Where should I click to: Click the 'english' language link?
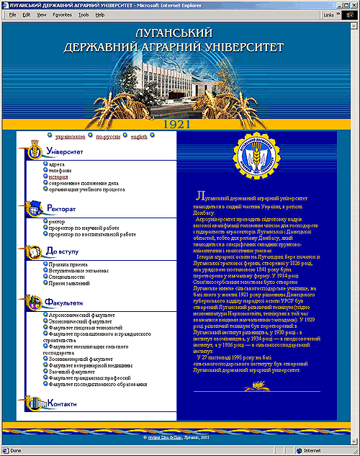click(x=139, y=136)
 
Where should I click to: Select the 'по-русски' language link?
click(x=109, y=136)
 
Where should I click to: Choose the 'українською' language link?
click(x=71, y=136)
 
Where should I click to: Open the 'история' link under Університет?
click(x=58, y=176)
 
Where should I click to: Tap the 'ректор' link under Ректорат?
click(x=57, y=222)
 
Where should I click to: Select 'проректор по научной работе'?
click(x=86, y=228)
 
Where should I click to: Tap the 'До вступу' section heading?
click(x=65, y=251)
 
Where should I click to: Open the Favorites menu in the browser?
click(x=62, y=14)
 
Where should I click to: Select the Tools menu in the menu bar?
click(x=84, y=14)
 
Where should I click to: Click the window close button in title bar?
click(x=353, y=4)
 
